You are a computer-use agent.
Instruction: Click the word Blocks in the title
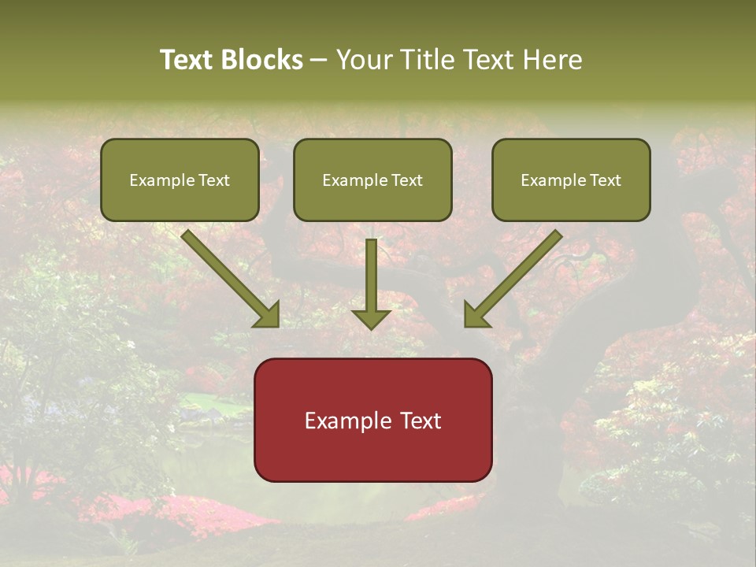pos(262,60)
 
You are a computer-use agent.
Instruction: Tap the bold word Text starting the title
pos(188,60)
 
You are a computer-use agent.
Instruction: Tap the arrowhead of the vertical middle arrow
pos(371,319)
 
